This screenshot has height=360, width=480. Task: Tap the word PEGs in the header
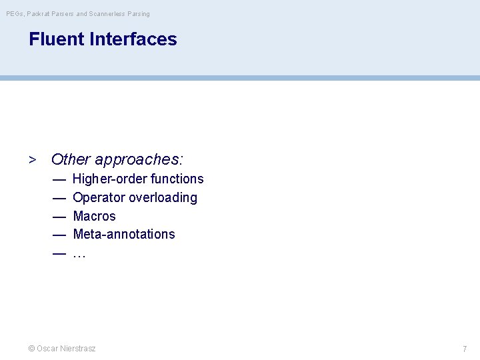point(15,14)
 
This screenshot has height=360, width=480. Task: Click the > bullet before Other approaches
point(32,160)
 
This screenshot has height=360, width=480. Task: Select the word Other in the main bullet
point(71,159)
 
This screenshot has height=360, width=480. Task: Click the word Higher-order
point(109,179)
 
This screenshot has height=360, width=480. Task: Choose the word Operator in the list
point(99,198)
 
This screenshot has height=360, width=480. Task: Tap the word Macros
point(94,216)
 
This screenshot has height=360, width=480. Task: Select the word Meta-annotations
point(124,234)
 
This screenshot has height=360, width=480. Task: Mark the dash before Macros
point(59,216)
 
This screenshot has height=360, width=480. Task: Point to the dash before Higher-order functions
point(59,179)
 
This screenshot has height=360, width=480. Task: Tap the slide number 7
point(465,349)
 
